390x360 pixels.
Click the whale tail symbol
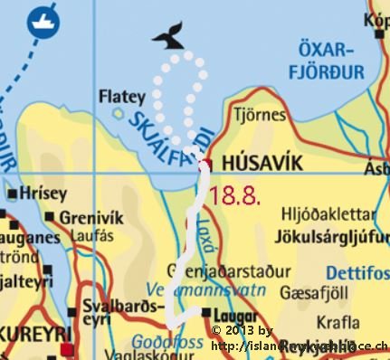point(167,35)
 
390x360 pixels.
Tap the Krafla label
point(338,321)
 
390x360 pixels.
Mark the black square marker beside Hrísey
point(10,194)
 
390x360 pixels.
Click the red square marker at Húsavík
point(207,164)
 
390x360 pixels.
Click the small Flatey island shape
point(119,113)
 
